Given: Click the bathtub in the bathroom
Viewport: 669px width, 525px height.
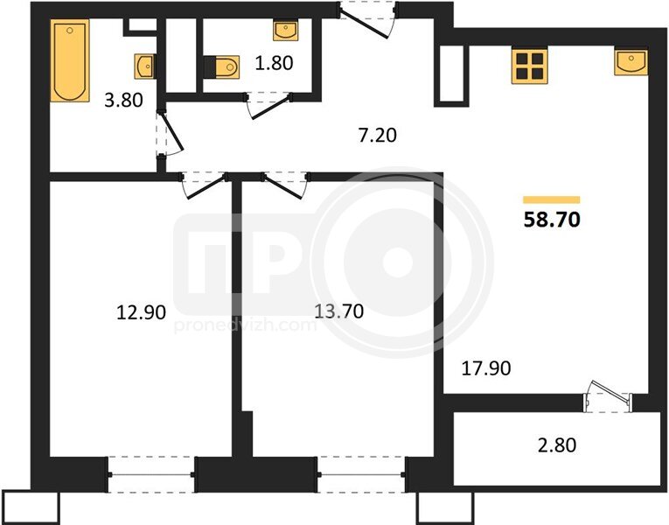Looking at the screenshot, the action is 70,60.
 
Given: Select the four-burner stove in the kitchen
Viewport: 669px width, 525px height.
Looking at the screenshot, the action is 530,66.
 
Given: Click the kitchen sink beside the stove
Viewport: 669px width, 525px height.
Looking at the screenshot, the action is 631,62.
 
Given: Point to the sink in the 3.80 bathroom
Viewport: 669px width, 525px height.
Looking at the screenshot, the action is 145,66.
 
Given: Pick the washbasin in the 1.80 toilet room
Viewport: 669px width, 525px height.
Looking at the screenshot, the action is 285,31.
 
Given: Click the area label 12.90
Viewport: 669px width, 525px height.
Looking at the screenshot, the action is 141,312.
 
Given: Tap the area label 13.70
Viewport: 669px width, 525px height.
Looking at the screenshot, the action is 338,311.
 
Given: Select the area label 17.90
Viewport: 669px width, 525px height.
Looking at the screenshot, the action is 486,367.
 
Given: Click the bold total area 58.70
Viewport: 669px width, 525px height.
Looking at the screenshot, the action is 552,220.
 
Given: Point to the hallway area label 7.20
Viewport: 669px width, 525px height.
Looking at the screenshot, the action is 378,135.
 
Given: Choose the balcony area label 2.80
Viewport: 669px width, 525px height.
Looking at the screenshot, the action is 557,445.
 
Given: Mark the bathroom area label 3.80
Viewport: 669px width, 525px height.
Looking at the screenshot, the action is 123,101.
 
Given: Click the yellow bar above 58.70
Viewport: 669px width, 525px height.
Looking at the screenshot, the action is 552,199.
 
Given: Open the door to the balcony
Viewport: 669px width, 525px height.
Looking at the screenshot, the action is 608,395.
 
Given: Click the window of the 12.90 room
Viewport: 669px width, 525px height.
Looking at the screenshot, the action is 152,474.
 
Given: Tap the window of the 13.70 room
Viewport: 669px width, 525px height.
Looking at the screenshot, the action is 361,474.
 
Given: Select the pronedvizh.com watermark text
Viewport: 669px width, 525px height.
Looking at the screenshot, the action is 246,325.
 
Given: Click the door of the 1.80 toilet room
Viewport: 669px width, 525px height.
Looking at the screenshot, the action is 268,104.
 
